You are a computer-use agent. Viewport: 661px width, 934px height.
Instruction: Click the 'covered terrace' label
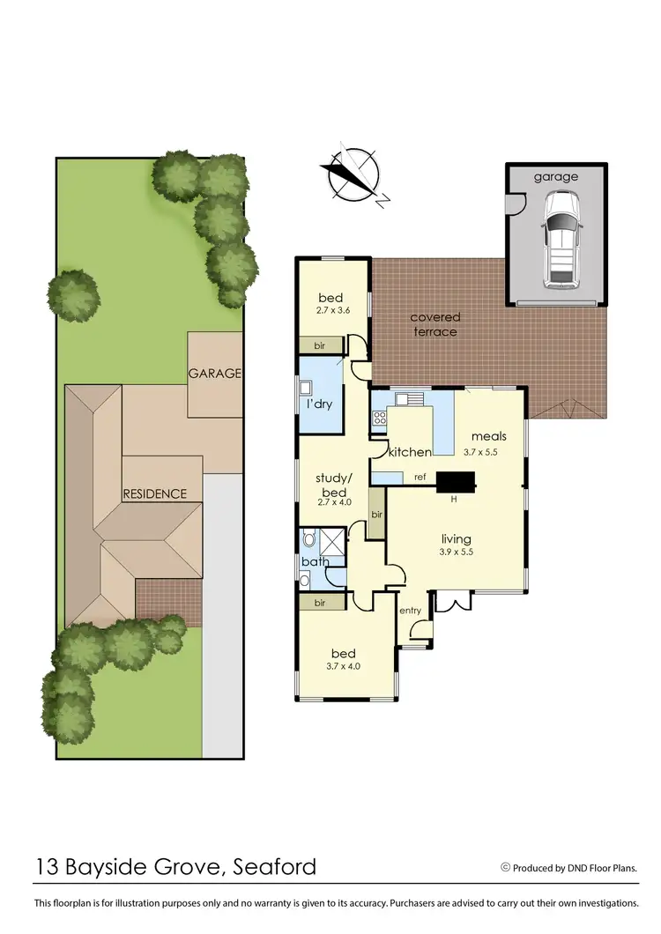click(434, 324)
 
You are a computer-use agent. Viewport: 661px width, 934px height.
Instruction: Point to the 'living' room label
click(457, 539)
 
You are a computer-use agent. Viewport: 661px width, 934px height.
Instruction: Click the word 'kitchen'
click(410, 452)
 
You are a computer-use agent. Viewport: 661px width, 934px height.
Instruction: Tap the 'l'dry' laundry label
click(318, 406)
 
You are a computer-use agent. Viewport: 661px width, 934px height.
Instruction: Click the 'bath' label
click(315, 561)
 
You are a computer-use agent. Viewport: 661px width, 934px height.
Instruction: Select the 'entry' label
click(411, 611)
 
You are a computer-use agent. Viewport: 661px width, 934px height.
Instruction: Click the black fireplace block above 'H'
click(456, 481)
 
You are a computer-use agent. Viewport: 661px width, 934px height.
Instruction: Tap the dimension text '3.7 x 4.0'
click(343, 666)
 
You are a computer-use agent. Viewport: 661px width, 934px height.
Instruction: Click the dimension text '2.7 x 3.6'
click(332, 311)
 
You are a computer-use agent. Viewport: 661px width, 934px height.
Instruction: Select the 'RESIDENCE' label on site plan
click(154, 493)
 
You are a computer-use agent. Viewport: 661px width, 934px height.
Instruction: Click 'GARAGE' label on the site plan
click(214, 373)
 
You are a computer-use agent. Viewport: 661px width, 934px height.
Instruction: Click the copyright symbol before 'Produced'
click(506, 867)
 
